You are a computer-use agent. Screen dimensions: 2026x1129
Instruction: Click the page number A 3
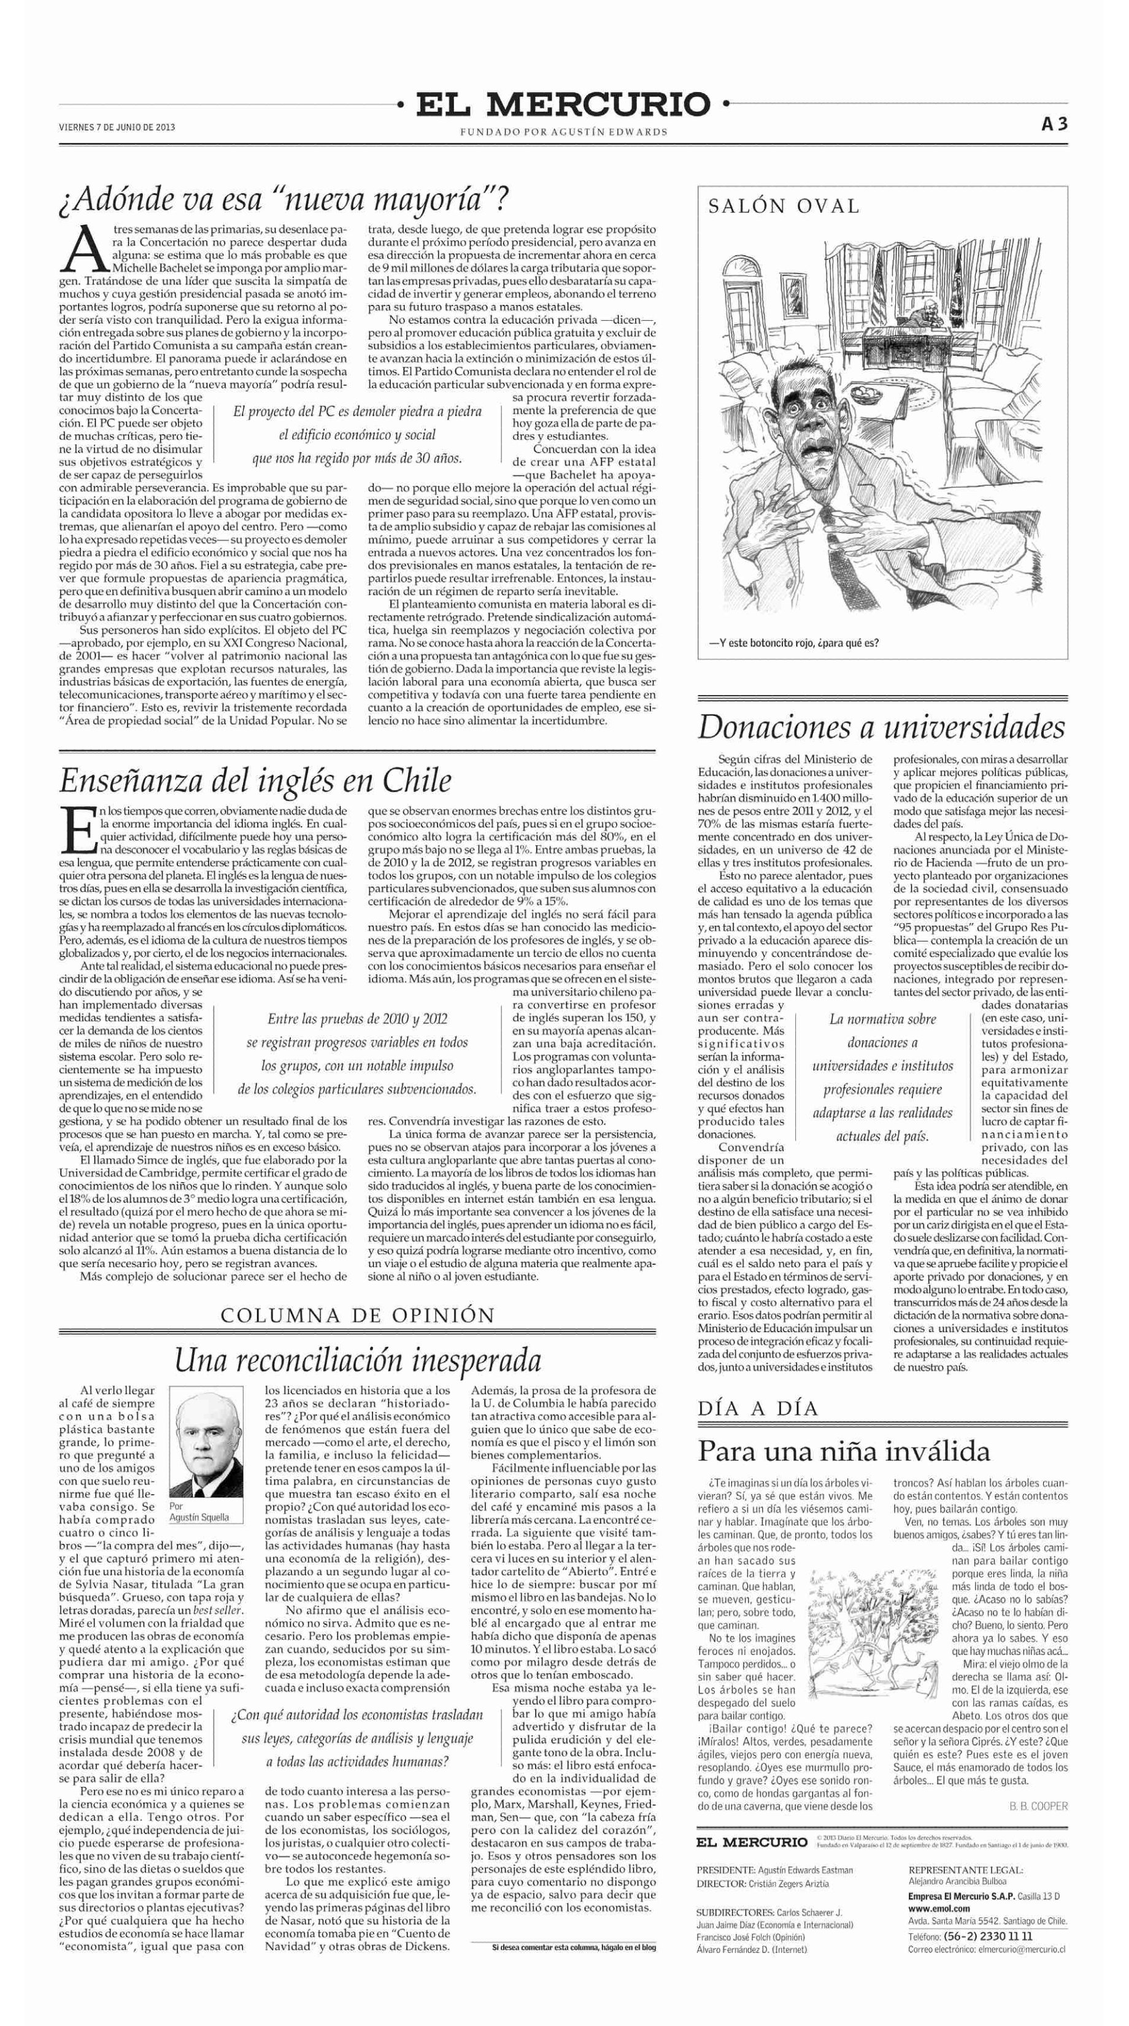[1054, 125]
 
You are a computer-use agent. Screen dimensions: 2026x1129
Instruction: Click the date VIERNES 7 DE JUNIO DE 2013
[117, 126]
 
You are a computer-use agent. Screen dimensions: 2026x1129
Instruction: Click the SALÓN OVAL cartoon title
[784, 207]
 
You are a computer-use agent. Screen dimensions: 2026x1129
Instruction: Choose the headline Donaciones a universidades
[881, 727]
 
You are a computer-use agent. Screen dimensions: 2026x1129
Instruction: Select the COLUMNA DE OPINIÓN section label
[357, 1315]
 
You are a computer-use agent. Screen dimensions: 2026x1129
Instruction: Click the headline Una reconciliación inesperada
[357, 1360]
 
